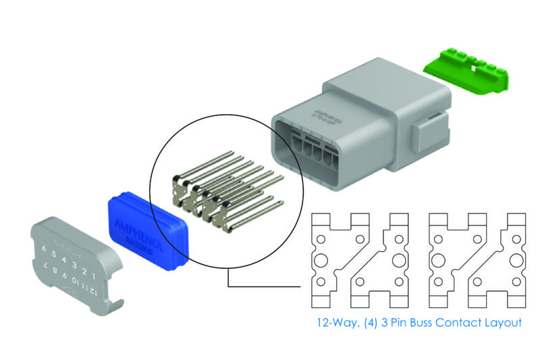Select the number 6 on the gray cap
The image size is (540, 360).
tap(44, 251)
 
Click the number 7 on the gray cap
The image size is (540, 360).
tap(47, 269)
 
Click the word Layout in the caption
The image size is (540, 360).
tap(502, 322)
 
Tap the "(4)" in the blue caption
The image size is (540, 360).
tap(368, 322)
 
